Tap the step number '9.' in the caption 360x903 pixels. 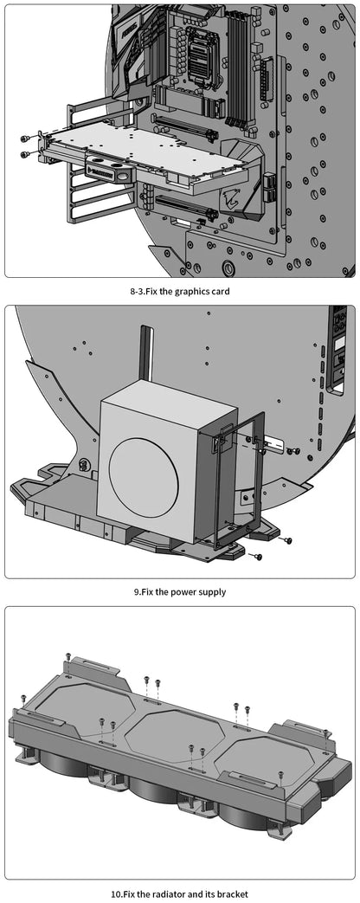pyautogui.click(x=138, y=592)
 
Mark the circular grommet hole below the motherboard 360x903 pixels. pyautogui.click(x=227, y=266)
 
